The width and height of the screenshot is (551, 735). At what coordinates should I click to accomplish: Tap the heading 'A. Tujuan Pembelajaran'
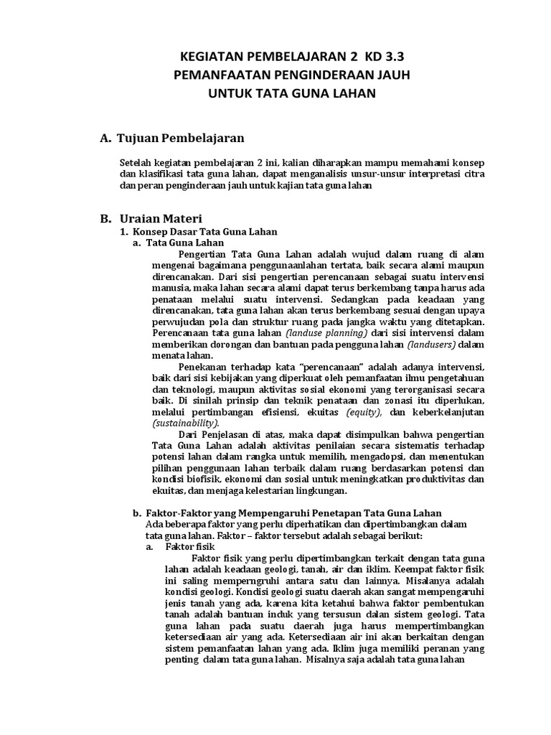172,137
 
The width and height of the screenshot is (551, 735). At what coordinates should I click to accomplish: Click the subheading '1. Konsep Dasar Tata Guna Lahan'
198,232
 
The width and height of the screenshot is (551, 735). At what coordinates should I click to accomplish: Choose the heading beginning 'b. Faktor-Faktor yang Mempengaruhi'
287,512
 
